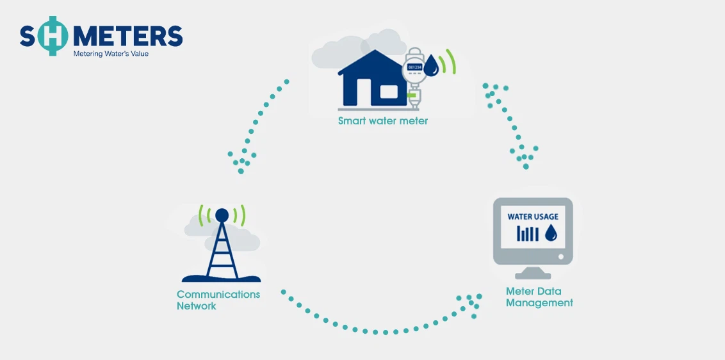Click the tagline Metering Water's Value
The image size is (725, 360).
pos(111,54)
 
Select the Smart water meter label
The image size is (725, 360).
pos(383,120)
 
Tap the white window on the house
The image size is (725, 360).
pos(389,92)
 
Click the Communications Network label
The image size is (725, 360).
pos(218,300)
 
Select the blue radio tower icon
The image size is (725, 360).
pos(222,250)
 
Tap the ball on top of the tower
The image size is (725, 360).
pos(222,214)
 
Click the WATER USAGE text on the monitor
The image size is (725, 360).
pos(533,217)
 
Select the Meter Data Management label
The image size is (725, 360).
pos(539,297)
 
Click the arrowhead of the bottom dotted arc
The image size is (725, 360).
pos(471,304)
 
